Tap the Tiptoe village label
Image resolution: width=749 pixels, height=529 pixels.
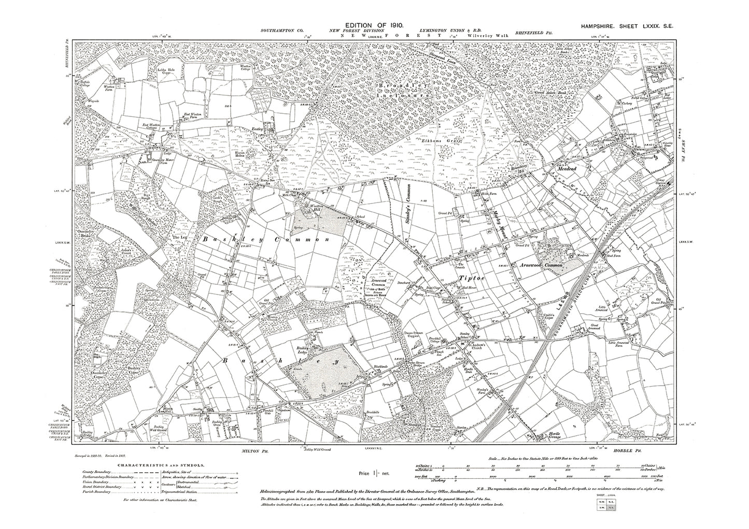[x=472, y=278]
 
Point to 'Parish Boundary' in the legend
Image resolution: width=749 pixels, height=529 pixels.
[x=96, y=492]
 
